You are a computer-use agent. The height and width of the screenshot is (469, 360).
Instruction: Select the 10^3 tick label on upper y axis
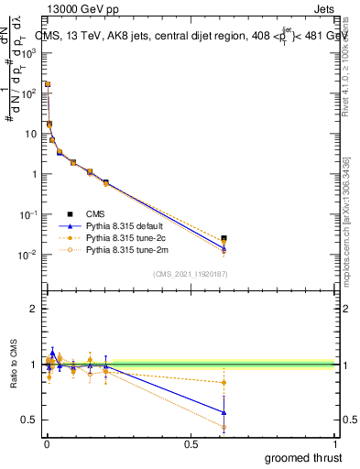29,53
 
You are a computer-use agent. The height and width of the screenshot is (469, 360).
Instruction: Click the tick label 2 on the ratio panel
34,310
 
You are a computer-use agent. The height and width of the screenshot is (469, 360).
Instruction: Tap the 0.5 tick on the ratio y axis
30,420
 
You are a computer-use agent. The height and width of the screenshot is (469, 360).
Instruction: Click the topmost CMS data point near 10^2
47,83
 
